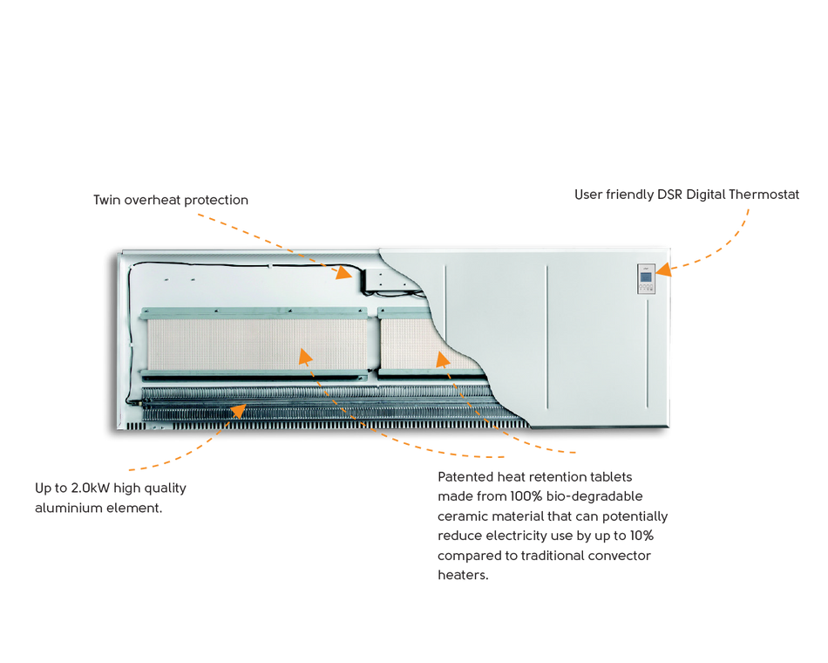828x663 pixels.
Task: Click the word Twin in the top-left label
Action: [x=106, y=200]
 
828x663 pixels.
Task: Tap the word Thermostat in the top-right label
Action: [x=764, y=195]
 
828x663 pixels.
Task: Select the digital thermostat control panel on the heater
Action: [x=646, y=278]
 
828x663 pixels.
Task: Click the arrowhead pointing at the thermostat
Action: [x=663, y=269]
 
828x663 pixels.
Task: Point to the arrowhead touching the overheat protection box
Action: [x=344, y=272]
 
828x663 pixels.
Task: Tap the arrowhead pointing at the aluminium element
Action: [x=239, y=410]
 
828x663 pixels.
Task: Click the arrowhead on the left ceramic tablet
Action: [x=305, y=356]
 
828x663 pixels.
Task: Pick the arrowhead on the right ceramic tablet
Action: [x=442, y=359]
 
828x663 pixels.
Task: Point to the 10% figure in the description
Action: [x=641, y=536]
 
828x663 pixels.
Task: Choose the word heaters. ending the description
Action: [x=463, y=575]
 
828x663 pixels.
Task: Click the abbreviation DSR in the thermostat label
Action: [x=669, y=195]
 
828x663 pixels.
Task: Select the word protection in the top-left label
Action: [x=216, y=201]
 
